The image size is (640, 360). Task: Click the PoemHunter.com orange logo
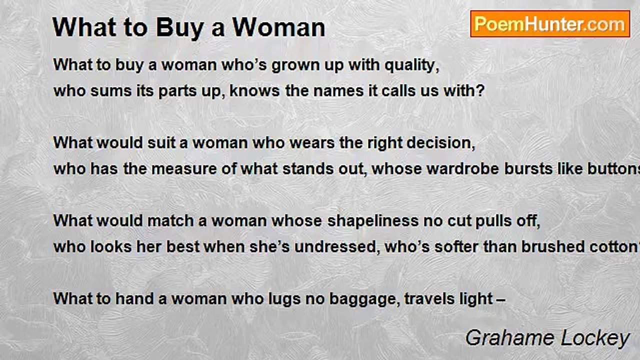point(550,24)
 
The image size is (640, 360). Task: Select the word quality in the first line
point(411,65)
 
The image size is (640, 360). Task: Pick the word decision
point(440,142)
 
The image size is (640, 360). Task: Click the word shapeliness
point(373,221)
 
